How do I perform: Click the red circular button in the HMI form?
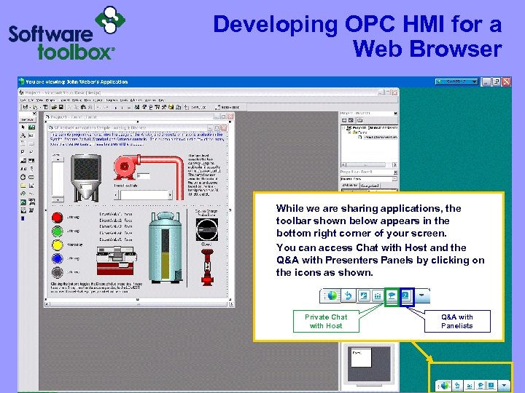pyautogui.click(x=57, y=216)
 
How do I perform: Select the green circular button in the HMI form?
pyautogui.click(x=57, y=231)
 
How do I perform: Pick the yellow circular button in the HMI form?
pyautogui.click(x=57, y=245)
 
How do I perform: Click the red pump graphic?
pyautogui.click(x=127, y=165)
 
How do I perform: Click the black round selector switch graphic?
pyautogui.click(x=206, y=229)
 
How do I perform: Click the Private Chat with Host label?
pyautogui.click(x=325, y=321)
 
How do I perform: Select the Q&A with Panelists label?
pyautogui.click(x=457, y=321)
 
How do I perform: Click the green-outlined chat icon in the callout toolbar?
pyautogui.click(x=392, y=296)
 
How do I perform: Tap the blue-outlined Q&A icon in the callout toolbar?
pyautogui.click(x=406, y=296)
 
